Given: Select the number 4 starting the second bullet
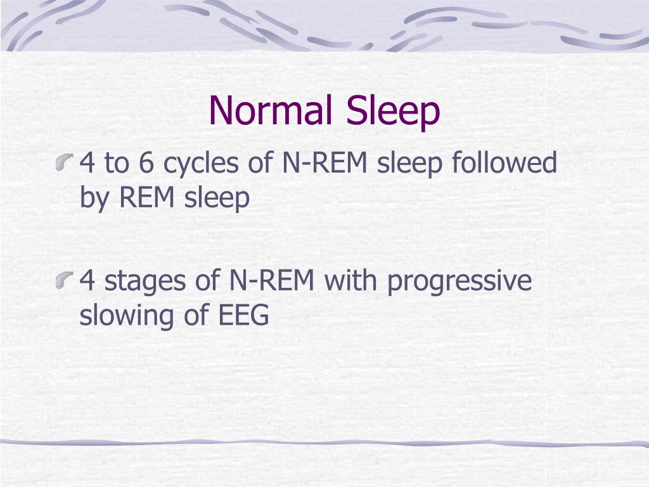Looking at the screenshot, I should click(x=87, y=281).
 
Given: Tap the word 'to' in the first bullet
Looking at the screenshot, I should click(x=116, y=164).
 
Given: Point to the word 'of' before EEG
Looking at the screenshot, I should click(x=191, y=315).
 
